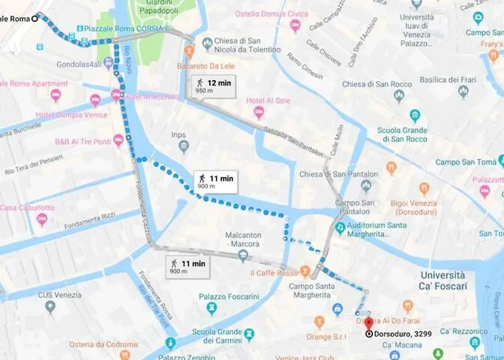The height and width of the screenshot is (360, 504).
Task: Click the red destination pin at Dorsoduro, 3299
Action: [369, 323]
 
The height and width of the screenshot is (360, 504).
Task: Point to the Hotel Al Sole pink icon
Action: [258, 112]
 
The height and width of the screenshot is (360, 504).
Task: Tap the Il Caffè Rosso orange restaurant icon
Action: [305, 272]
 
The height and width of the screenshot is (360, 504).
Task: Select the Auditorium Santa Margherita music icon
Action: [340, 227]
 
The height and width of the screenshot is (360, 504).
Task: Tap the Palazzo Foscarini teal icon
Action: [212, 308]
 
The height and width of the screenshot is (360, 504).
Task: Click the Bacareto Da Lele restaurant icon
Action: [189, 51]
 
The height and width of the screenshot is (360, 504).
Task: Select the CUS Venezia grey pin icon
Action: [50, 307]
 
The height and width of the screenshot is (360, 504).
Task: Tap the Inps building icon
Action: [184, 147]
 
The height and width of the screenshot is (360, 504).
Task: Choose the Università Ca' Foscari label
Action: [453, 280]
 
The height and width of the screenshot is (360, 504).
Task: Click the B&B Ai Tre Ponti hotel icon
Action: [118, 140]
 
